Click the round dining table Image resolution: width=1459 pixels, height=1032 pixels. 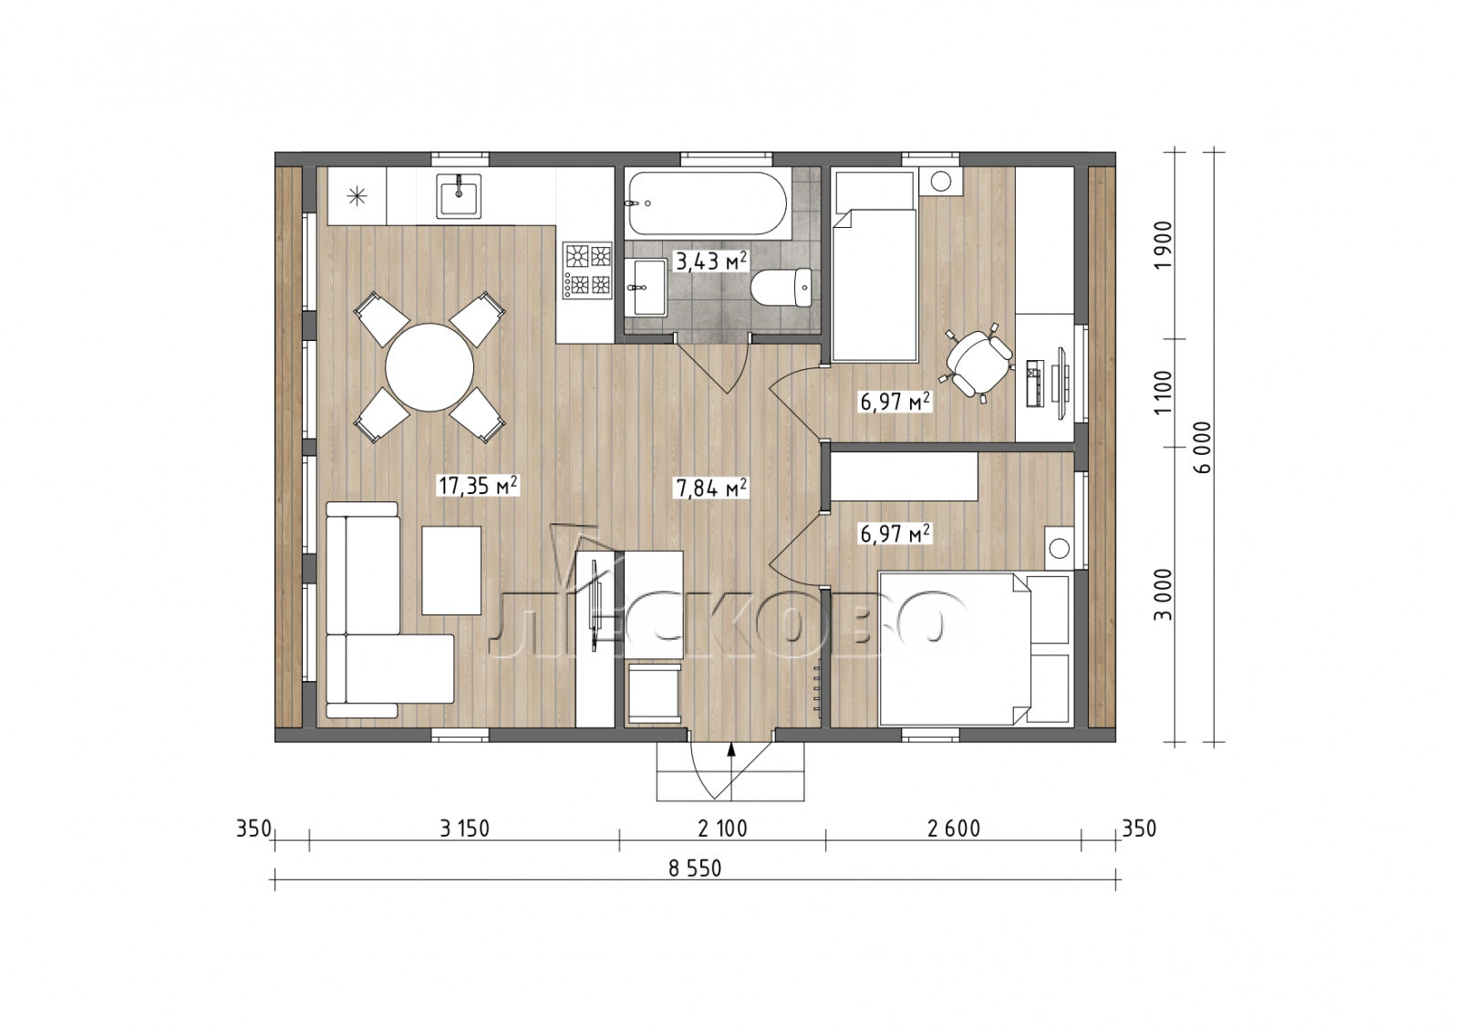[429, 367]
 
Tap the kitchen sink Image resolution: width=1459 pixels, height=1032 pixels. [460, 196]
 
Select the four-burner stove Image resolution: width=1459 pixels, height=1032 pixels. [588, 271]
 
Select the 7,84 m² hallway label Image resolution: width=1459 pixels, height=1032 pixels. [711, 488]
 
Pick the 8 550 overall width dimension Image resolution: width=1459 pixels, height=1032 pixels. [695, 868]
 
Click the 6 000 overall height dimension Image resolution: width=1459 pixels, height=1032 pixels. [1204, 447]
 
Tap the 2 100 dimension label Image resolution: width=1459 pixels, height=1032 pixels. [722, 829]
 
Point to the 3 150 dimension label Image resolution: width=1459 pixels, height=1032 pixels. [464, 829]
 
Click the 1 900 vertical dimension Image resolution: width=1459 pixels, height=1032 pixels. [1163, 245]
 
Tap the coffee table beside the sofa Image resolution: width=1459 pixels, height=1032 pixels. [451, 571]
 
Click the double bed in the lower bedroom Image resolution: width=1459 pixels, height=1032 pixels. [975, 648]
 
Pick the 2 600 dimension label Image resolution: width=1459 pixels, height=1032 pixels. [954, 829]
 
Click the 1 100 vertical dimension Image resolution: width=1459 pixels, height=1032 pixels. [1163, 392]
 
